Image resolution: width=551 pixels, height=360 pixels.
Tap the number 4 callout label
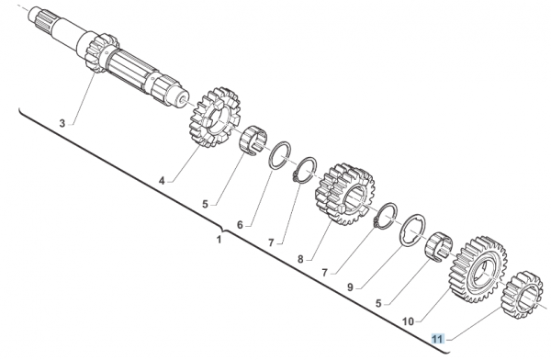(x=163, y=181)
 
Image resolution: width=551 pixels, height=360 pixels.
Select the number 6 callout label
(x=240, y=224)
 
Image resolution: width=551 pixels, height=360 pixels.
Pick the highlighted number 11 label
(x=439, y=339)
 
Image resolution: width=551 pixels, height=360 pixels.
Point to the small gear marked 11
(x=523, y=293)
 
